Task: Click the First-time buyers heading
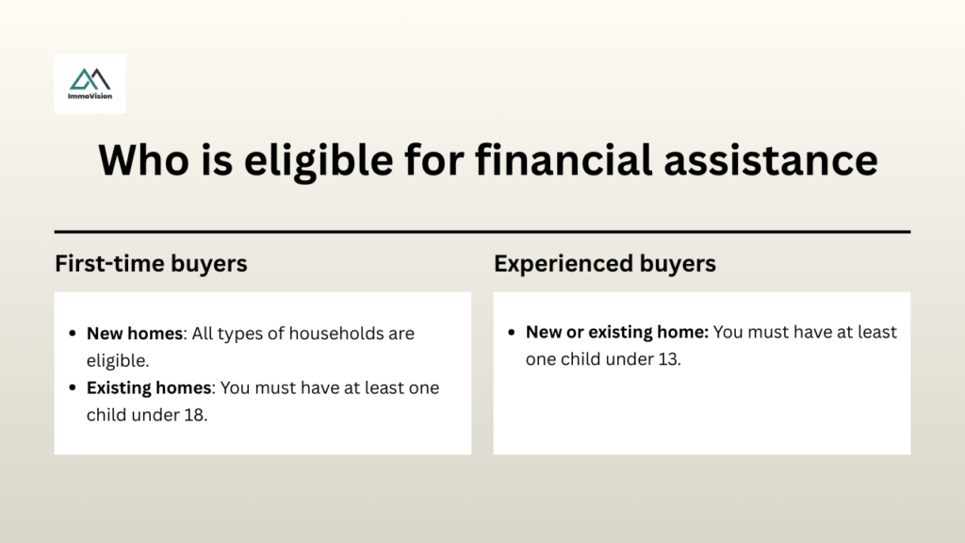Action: tap(151, 264)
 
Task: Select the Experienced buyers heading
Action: tap(605, 264)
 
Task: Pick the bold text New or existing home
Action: tap(616, 333)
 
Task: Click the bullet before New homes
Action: tap(73, 335)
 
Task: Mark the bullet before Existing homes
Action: tap(73, 388)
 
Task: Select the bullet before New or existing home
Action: tap(512, 333)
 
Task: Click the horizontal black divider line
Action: tap(482, 231)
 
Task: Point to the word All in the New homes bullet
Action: tap(204, 334)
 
